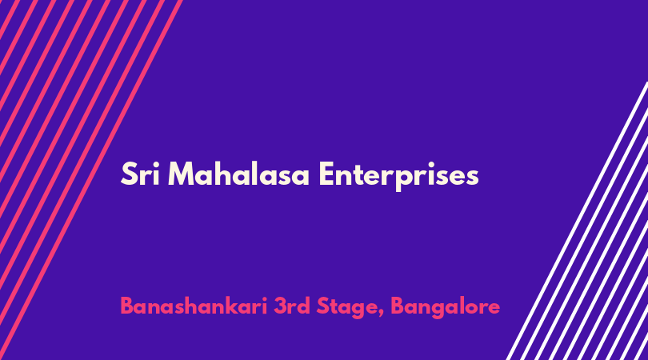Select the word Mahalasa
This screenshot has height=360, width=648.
tap(238, 174)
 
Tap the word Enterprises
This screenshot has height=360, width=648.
tap(399, 176)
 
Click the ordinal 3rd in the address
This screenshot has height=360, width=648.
tap(292, 306)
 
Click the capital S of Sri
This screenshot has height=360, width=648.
tap(129, 174)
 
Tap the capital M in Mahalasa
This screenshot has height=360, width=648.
tap(182, 174)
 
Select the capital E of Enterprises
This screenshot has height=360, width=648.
tap(326, 174)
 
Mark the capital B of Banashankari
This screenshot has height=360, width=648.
tap(127, 306)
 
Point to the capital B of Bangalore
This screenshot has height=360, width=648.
tap(397, 306)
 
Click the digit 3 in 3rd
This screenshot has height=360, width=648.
tap(280, 306)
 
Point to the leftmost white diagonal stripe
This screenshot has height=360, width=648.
tap(577, 221)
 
